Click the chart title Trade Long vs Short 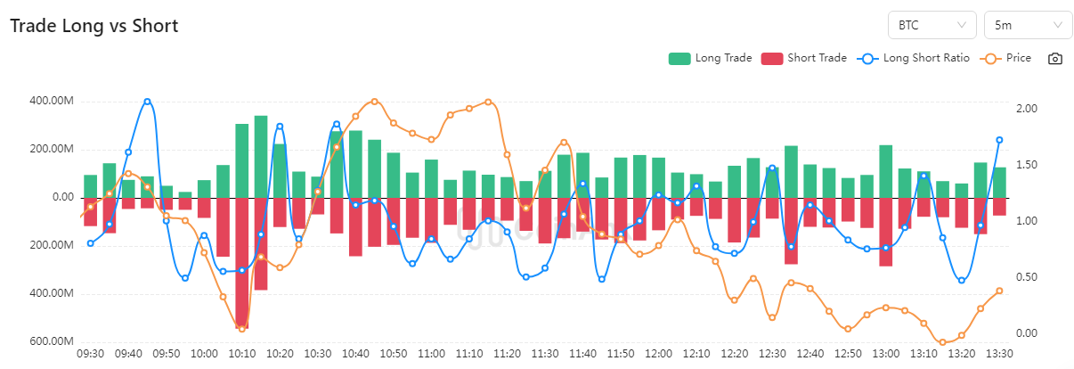[94, 26]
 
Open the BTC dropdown [932, 25]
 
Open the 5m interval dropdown [1027, 25]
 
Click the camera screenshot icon [1055, 59]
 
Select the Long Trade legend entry [711, 59]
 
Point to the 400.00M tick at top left [52, 101]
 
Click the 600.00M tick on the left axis [52, 341]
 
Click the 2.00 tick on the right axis [1028, 108]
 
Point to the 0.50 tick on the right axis [1028, 277]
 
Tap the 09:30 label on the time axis [91, 354]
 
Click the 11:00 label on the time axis [431, 354]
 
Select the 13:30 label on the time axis [999, 354]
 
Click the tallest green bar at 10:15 [261, 156]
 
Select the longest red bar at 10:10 [242, 262]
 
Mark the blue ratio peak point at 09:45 [147, 102]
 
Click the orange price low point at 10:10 [242, 329]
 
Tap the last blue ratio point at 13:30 [999, 140]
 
